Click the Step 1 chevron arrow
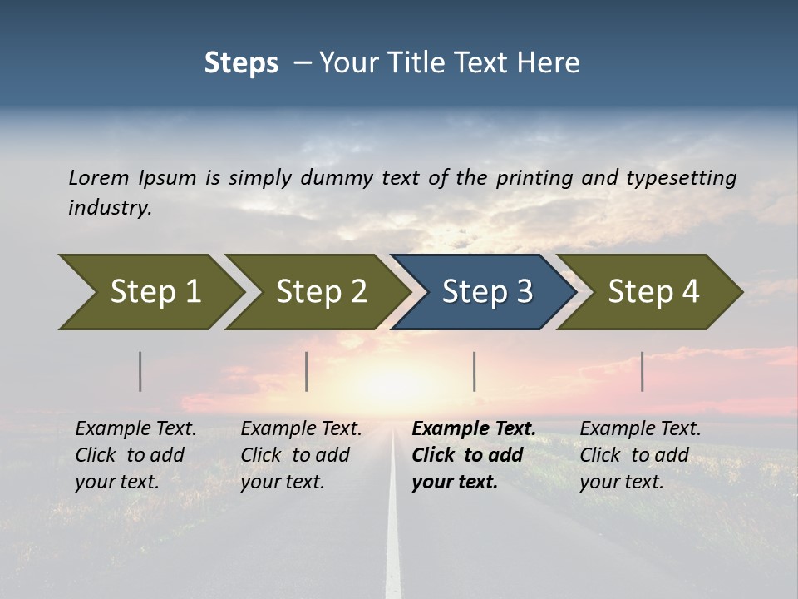154,292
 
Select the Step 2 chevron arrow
320,292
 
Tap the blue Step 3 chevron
486,292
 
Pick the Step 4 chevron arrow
653,292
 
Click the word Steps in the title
241,62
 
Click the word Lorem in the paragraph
99,177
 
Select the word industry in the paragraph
109,207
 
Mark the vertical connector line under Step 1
140,371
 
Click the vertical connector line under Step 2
307,371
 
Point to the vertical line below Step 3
474,371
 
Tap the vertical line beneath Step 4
642,371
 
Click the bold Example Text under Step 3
474,429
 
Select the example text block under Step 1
135,455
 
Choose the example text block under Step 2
301,455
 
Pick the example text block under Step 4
640,455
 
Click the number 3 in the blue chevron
523,292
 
